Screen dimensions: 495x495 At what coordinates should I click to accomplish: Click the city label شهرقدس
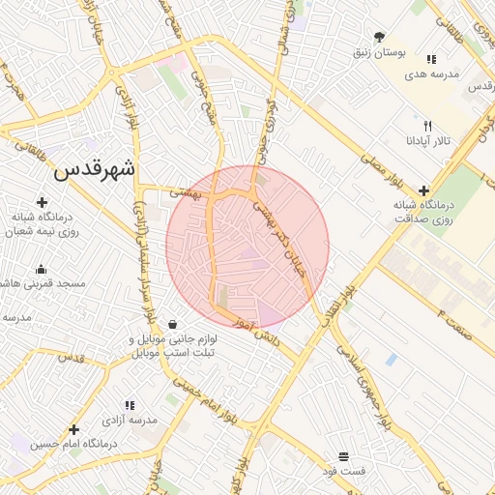96,169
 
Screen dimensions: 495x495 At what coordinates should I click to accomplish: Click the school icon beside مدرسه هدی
431,59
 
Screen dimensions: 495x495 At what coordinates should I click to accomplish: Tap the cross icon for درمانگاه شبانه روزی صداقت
423,191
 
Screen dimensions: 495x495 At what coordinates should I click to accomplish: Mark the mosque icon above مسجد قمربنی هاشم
41,270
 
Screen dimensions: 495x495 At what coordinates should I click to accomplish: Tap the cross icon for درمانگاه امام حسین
73,429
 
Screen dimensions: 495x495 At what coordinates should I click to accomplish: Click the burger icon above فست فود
343,456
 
